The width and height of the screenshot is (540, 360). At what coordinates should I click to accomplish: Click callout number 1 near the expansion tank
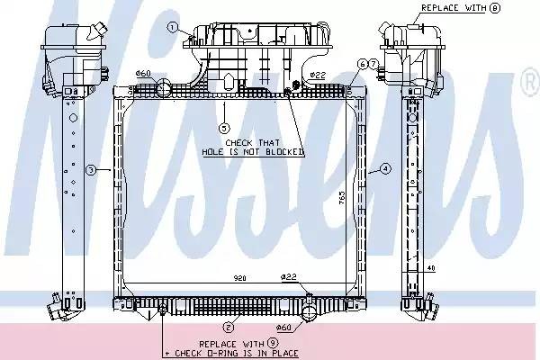click(x=171, y=28)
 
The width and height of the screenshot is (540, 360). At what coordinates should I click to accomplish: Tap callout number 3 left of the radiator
click(x=91, y=169)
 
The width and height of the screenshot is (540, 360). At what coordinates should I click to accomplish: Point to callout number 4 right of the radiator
click(x=384, y=168)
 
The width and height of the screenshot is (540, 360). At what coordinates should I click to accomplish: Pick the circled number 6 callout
click(x=361, y=64)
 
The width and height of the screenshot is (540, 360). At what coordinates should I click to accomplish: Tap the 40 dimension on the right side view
click(x=432, y=267)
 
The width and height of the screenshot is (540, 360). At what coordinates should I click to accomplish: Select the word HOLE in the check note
click(x=213, y=152)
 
